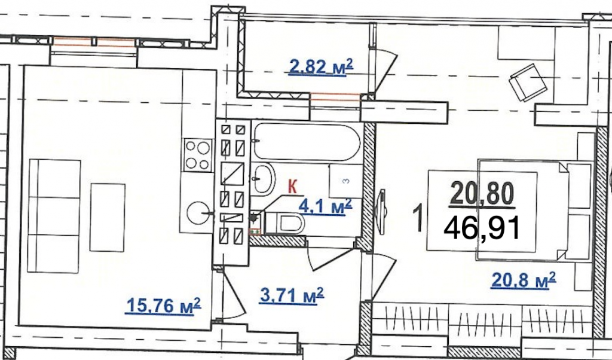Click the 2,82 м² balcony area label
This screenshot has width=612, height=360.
[321, 67]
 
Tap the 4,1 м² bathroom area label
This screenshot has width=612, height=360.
[325, 206]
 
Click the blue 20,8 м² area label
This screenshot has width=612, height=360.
[524, 280]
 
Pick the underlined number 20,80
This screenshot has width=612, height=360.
[482, 194]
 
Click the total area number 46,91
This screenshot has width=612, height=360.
[482, 228]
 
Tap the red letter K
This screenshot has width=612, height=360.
[292, 187]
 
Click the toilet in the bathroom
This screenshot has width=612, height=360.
[285, 223]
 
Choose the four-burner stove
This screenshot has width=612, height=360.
[197, 155]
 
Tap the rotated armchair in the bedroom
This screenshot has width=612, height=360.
[528, 83]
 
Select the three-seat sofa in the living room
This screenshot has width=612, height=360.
[54, 216]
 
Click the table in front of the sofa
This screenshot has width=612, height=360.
[108, 217]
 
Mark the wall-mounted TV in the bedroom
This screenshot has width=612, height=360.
[381, 212]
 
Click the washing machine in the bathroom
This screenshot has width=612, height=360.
[346, 181]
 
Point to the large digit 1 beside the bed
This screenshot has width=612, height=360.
[418, 219]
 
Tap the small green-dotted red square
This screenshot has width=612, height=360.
[255, 231]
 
